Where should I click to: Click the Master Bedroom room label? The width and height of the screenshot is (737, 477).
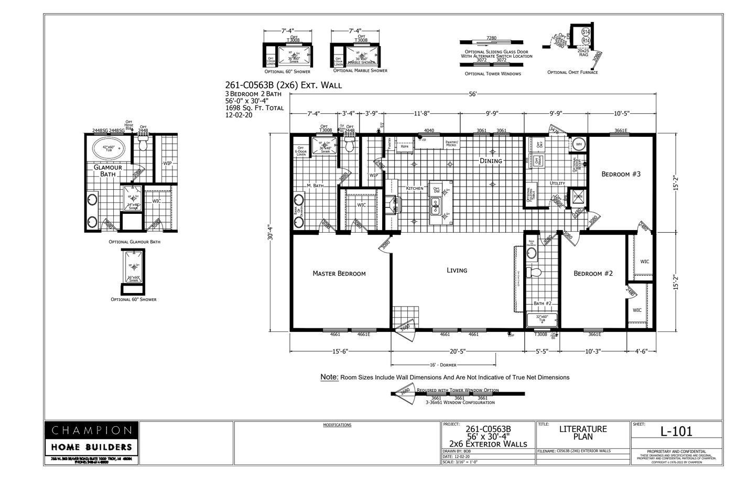339,273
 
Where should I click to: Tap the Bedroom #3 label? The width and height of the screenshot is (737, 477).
621,174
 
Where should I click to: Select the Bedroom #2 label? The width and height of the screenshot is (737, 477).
593,273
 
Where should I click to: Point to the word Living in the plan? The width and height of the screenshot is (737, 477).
457,270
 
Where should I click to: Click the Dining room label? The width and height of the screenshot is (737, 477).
491,161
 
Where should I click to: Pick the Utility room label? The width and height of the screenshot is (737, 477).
557,183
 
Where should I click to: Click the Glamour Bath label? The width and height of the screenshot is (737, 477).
107,171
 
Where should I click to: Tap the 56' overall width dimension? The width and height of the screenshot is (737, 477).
472,94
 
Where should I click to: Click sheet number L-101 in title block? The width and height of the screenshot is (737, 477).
676,431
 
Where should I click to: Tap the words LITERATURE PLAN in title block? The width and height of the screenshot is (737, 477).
582,432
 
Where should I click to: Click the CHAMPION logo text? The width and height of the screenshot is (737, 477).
92,430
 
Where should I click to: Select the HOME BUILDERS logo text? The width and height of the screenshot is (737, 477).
92,447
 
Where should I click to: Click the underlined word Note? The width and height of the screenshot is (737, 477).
329,377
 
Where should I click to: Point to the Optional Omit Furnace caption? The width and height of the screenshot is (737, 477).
572,72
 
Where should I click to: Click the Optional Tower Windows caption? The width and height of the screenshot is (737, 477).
493,74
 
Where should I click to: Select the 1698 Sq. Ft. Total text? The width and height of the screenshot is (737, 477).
254,108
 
